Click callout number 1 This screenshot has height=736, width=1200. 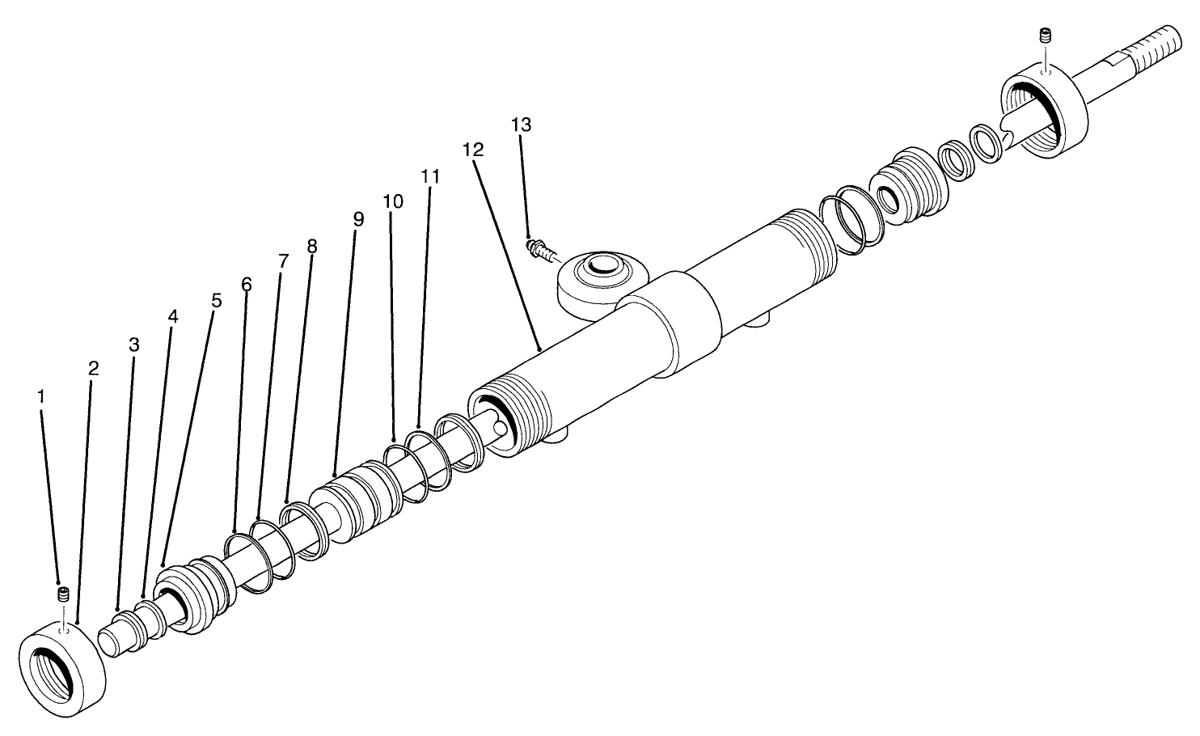coord(41,396)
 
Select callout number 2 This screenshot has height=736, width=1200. coord(93,369)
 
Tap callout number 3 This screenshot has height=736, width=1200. coord(134,345)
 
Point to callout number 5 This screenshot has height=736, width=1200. coord(215,300)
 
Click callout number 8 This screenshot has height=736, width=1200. coord(312,246)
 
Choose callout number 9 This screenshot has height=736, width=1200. coord(358,219)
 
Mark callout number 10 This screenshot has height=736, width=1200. coord(393,201)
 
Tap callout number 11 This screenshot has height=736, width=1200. coord(430,176)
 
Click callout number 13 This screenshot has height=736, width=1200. coord(522,125)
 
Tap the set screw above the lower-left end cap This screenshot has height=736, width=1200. coord(62,595)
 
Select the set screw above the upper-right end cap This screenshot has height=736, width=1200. coord(1044,36)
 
